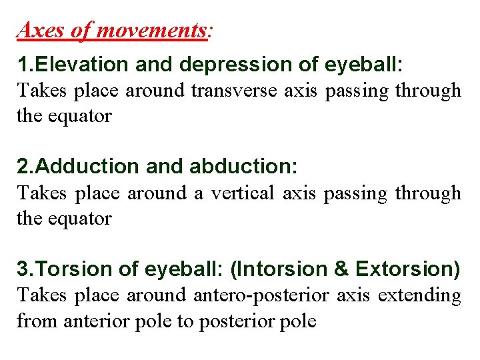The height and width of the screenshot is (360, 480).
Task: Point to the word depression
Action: click(x=237, y=65)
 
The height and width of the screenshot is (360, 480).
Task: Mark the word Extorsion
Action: click(x=407, y=270)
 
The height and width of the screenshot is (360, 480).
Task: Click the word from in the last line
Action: click(x=37, y=321)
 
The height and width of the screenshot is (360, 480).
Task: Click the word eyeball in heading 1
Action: click(x=363, y=65)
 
